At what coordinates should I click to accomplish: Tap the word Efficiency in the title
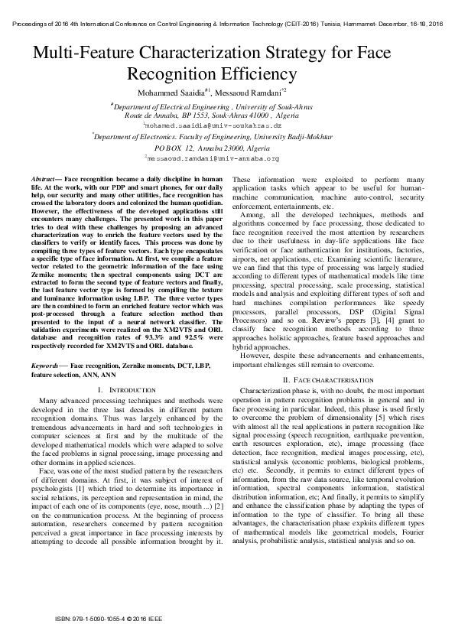tap(257, 74)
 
